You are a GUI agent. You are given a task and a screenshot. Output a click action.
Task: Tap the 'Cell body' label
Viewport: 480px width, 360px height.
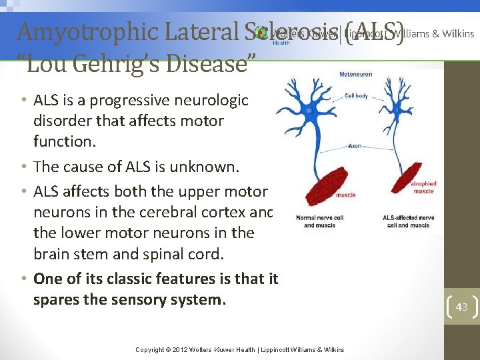(x=356, y=96)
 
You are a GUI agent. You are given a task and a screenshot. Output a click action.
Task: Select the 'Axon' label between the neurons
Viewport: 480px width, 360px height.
(x=354, y=144)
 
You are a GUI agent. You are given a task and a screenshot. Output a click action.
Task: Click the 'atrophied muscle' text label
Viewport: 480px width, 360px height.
(x=423, y=187)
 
